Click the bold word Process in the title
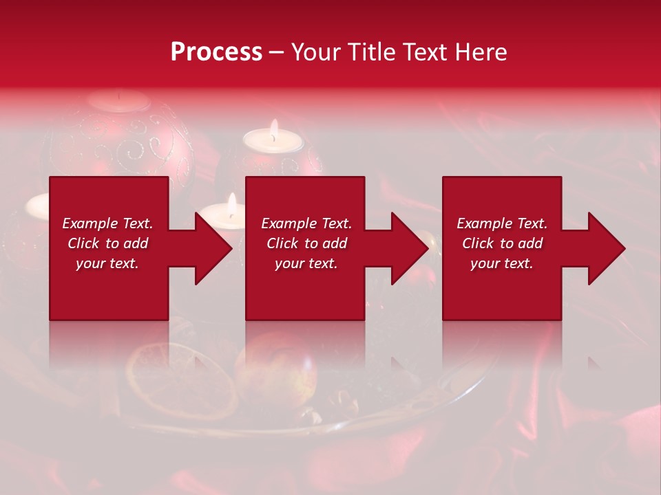point(216,52)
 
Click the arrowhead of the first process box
point(213,248)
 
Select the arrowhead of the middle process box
point(410,248)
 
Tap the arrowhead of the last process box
point(606,248)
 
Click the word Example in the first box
point(90,223)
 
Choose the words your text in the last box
point(502,263)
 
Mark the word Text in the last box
point(532,223)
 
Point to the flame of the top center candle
point(274,129)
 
